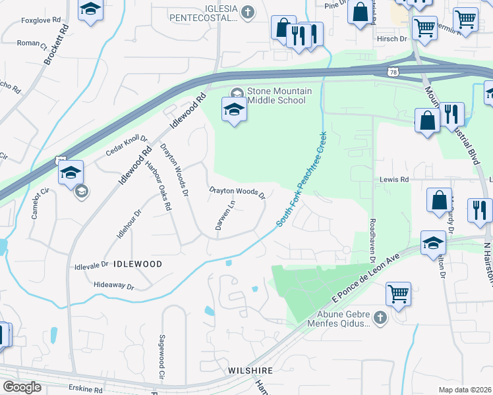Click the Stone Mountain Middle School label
(276, 96)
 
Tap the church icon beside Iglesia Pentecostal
(248, 11)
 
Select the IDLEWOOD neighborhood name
(138, 263)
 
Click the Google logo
(21, 387)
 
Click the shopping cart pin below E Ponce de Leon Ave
(398, 294)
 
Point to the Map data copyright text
(465, 390)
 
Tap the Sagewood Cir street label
(161, 356)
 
